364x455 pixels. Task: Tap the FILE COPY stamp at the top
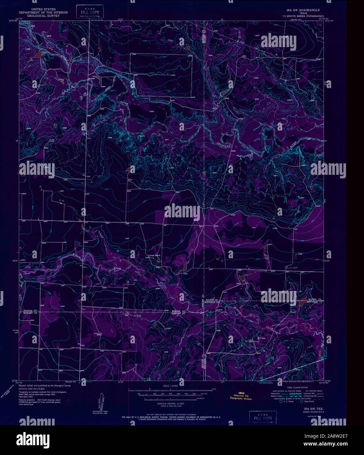(x=90, y=12)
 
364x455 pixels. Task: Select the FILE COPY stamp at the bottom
(x=263, y=418)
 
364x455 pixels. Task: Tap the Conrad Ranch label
(x=154, y=255)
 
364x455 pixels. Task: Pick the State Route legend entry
(x=309, y=401)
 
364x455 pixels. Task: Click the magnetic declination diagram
(x=100, y=401)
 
